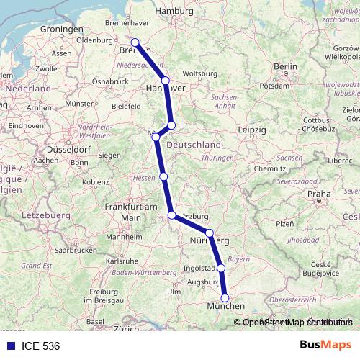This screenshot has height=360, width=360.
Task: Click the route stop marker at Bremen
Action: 135,42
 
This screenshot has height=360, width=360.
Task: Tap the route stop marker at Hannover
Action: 166,81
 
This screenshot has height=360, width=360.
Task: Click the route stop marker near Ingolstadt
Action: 221,268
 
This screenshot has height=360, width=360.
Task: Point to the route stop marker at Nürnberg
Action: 210,233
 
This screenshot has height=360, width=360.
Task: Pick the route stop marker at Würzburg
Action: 171,215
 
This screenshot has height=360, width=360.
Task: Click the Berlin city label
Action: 286,66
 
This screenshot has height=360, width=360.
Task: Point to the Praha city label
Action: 318,194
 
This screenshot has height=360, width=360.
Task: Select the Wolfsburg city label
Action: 200,73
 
